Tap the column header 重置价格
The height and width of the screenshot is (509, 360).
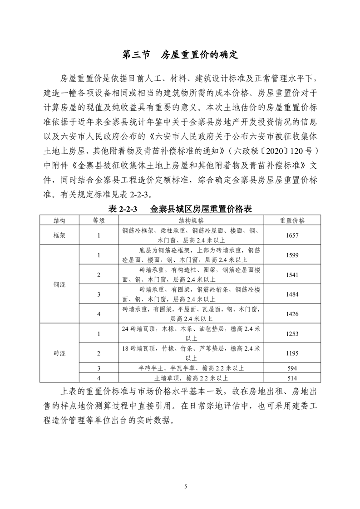pos(292,220)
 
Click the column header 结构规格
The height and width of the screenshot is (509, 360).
pos(191,220)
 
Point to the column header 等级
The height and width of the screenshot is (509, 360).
pos(99,220)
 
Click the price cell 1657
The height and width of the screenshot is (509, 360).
pos(292,235)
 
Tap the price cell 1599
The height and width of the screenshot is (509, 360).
pos(292,255)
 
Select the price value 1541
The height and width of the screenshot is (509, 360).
pos(292,275)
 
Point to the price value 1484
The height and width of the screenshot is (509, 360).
pos(292,294)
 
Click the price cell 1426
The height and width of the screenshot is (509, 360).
pos(292,314)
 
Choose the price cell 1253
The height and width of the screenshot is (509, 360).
pos(292,333)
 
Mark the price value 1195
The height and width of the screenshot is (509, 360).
pos(292,353)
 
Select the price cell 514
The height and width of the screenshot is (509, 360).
pos(292,377)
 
